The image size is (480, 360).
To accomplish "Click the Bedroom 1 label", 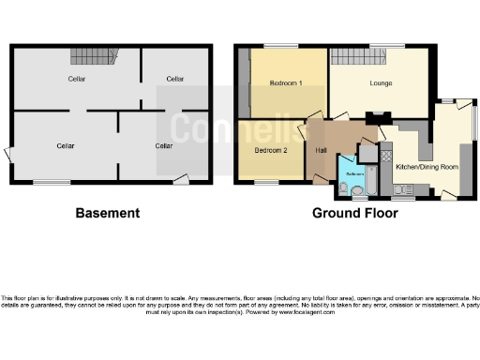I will click(285, 83).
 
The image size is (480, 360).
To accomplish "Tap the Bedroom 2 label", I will click(271, 150).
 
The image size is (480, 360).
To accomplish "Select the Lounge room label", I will click(382, 83).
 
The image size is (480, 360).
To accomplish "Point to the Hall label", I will click(321, 150).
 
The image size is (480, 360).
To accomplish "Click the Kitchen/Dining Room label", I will click(427, 166).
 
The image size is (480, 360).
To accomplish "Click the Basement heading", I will click(108, 214).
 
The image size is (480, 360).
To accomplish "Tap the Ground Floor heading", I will click(355, 214).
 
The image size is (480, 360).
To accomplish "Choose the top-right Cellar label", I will click(174, 80).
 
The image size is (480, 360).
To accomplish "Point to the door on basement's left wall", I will click(8, 152).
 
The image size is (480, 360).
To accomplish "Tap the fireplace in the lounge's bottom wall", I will click(378, 117).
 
